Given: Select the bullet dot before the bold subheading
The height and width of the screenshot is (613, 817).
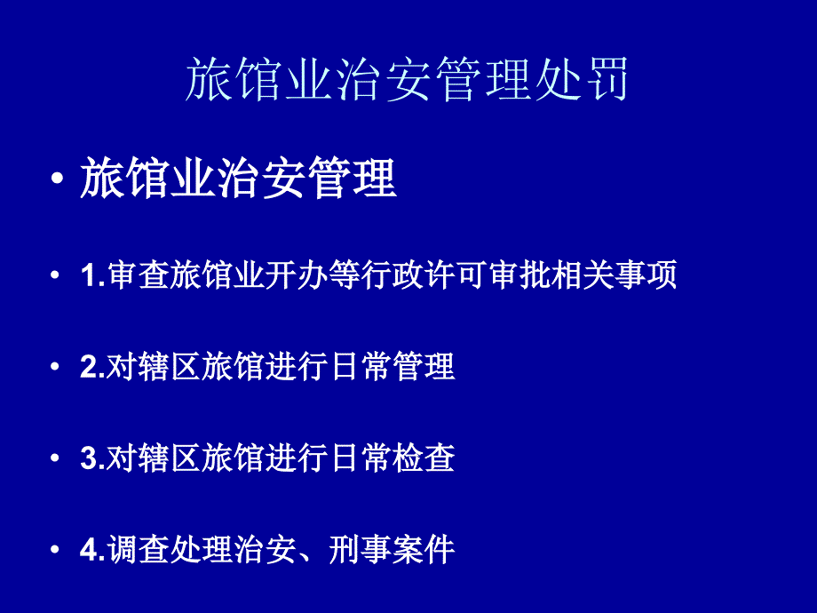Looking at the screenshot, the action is (x=57, y=179).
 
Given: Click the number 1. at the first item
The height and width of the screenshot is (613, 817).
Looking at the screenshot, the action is (x=92, y=275).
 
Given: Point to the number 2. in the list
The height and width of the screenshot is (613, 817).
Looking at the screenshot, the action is (x=92, y=366).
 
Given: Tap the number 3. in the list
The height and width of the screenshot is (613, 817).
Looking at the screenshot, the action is (x=92, y=458).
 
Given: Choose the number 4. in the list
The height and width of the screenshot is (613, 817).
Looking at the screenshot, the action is (x=92, y=550).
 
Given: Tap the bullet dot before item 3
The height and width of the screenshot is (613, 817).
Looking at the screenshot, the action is (x=55, y=458).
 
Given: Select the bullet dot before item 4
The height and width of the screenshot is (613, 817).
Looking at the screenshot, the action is (x=55, y=550).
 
